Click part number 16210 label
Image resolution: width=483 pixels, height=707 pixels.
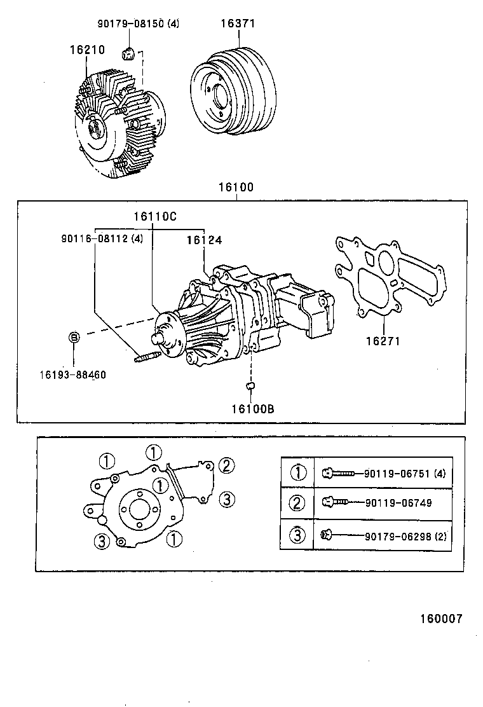pyautogui.click(x=87, y=49)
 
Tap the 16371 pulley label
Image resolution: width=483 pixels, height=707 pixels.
pyautogui.click(x=237, y=24)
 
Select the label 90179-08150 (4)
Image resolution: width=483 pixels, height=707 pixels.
pyautogui.click(x=138, y=24)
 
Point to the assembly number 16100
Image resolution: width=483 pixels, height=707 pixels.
pyautogui.click(x=236, y=188)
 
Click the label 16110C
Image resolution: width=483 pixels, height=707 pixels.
pyautogui.click(x=154, y=216)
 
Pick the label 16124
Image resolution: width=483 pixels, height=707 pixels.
pyautogui.click(x=204, y=240)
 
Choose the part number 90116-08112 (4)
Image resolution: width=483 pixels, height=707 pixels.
pyautogui.click(x=102, y=240)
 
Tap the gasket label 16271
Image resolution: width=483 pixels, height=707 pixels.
pyautogui.click(x=382, y=341)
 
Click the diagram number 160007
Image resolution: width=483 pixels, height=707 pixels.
pyautogui.click(x=440, y=619)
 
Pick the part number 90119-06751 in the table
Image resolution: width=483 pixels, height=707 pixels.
pyautogui.click(x=398, y=474)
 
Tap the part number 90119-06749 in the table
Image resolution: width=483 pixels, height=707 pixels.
pyautogui.click(x=398, y=503)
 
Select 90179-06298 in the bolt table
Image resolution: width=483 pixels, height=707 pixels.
pyautogui.click(x=398, y=536)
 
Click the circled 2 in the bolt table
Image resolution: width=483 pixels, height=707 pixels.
pyautogui.click(x=297, y=504)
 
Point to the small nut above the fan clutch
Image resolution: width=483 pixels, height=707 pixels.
pyautogui.click(x=127, y=53)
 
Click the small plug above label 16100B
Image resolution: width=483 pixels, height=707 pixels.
pyautogui.click(x=250, y=386)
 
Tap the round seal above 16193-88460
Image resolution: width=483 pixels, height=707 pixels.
pyautogui.click(x=74, y=336)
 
